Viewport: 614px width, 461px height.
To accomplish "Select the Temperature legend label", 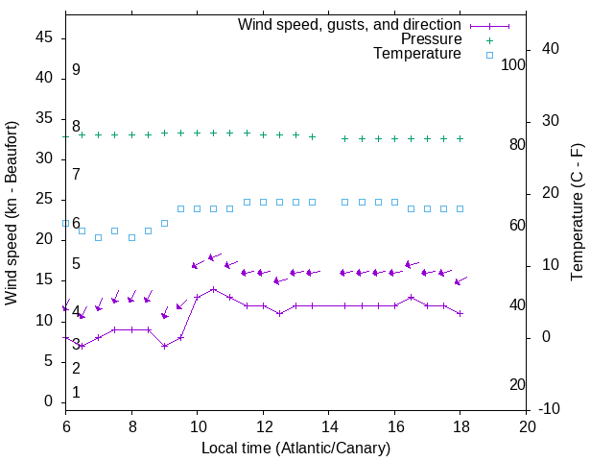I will point(417,54).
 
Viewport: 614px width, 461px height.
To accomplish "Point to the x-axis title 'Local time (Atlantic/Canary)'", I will point(296,448).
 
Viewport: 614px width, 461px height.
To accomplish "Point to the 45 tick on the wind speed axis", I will point(44,38).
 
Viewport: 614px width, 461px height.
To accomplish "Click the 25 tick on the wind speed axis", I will point(44,200).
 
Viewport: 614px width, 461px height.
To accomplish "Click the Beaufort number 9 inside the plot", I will point(76,70).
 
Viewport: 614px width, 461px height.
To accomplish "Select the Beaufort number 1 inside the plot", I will point(76,393).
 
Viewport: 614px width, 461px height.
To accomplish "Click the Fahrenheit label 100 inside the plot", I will point(514,64).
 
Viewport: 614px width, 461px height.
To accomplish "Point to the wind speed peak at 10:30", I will point(213,289).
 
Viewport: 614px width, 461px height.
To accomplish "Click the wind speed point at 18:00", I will point(460,313).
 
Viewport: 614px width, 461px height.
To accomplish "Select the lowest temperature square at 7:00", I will point(98,237).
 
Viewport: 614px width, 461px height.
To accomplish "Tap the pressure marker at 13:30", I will point(312,136).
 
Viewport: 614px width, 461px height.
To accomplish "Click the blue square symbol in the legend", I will point(489,55).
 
